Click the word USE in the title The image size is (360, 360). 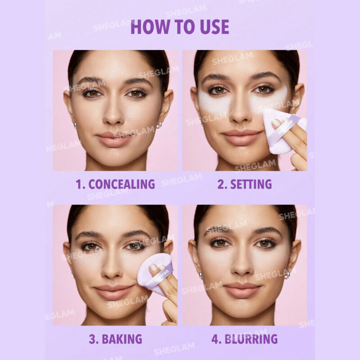pos(215,27)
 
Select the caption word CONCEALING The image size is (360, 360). pos(121,184)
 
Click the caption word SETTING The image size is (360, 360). pos(251,184)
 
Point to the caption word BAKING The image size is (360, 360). pos(122,339)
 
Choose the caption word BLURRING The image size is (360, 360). pos(251,339)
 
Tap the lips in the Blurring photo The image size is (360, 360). pos(242,290)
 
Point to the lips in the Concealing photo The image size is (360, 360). pos(114,139)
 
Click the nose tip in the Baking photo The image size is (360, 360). pos(111,273)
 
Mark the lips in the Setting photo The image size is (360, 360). pos(242,137)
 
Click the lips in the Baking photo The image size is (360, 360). pos(114,292)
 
